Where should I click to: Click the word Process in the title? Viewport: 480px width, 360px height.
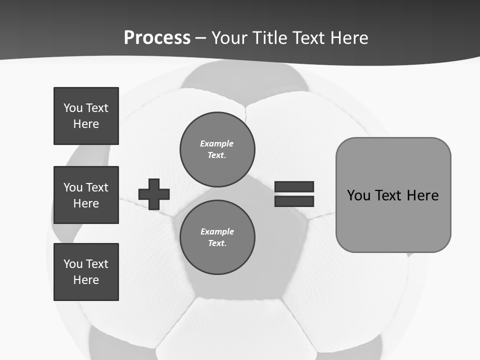tap(157, 38)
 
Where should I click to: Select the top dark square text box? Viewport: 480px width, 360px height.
tap(86, 116)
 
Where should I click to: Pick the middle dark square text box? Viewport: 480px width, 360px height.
tap(86, 195)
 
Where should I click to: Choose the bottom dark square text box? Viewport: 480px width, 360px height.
tap(86, 272)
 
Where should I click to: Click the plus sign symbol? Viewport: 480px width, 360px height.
tap(154, 194)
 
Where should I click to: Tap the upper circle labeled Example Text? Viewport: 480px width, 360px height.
tap(217, 149)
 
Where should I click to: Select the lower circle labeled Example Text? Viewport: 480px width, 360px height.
tap(217, 237)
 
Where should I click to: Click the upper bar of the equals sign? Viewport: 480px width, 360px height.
tap(294, 186)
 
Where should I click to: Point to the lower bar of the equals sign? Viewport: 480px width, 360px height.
tap(294, 201)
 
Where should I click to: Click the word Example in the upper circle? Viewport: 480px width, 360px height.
tap(216, 143)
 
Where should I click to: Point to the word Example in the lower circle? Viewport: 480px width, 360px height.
tap(217, 231)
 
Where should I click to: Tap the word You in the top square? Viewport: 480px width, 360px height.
tap(72, 108)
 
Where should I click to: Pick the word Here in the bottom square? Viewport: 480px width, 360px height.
tap(86, 280)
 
